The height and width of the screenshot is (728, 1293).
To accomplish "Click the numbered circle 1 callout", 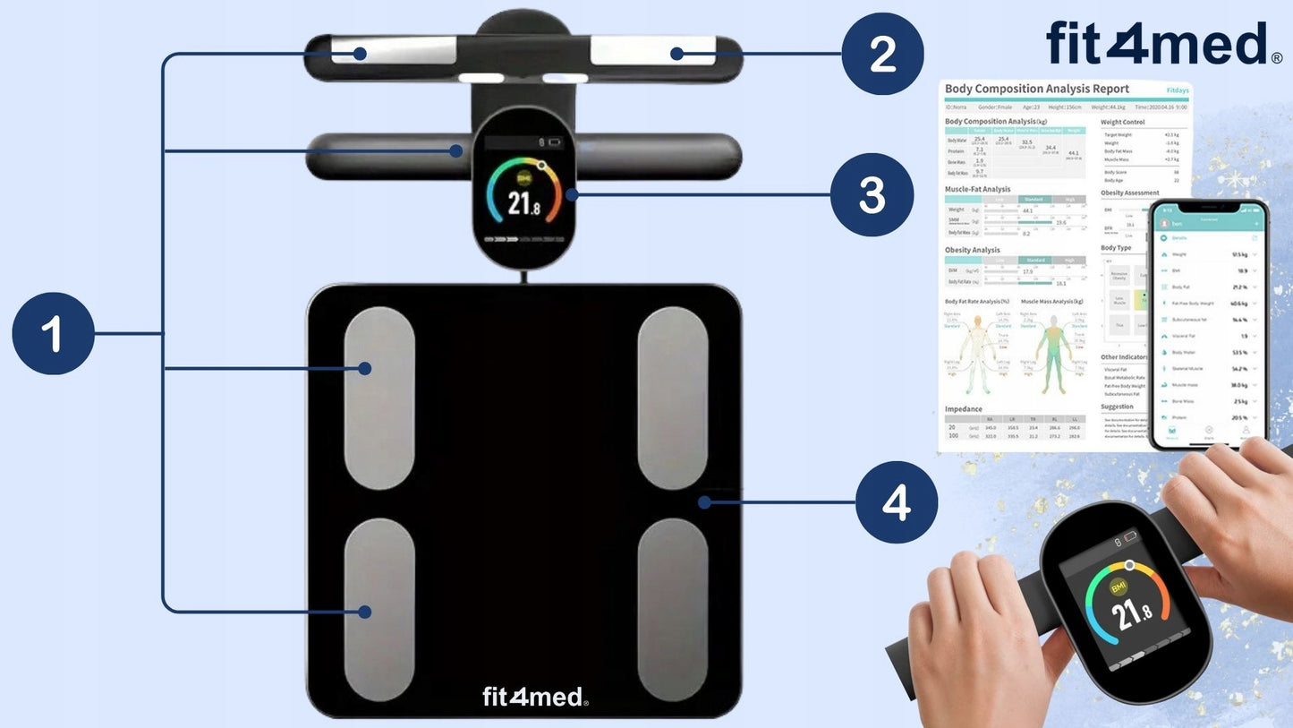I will click(53, 334).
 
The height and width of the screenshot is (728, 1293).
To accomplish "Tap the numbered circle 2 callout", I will click(882, 54).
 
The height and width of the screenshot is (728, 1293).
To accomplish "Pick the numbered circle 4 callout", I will click(897, 502).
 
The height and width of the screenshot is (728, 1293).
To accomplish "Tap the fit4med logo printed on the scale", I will click(534, 696).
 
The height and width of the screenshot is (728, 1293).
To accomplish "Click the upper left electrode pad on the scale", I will click(379, 398).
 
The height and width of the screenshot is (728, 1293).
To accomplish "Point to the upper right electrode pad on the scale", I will click(672, 398).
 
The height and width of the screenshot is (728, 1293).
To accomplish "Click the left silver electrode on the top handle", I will click(395, 51).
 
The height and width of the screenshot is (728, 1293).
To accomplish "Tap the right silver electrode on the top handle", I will click(652, 51).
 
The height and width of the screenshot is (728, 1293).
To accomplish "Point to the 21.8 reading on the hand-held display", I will click(1132, 614).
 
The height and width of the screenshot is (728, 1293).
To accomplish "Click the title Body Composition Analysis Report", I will click(1036, 89).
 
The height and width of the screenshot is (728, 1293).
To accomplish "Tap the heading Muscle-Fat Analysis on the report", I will click(977, 190).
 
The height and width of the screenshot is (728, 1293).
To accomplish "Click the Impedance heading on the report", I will click(963, 409).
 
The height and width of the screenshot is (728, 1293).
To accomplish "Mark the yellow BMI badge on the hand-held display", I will click(1118, 587).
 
